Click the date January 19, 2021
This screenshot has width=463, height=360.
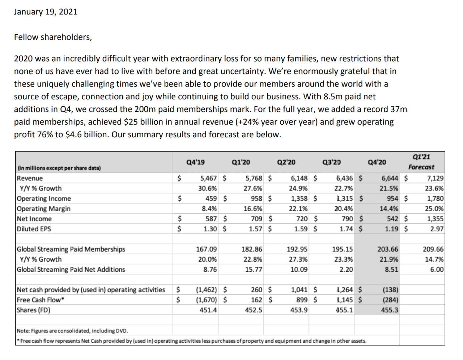click(46, 12)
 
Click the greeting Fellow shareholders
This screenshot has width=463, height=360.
click(53, 37)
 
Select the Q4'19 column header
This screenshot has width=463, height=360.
click(195, 162)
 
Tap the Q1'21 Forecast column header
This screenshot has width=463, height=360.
click(421, 162)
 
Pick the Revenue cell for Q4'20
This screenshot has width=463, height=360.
click(390, 178)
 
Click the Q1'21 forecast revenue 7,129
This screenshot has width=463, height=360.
click(435, 178)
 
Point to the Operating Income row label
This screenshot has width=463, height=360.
click(44, 198)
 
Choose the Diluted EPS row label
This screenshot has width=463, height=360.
click(34, 229)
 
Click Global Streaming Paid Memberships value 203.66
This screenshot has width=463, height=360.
click(388, 249)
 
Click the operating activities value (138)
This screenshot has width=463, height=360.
click(390, 290)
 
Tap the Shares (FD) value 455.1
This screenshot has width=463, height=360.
click(344, 310)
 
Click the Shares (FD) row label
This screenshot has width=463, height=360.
click(34, 310)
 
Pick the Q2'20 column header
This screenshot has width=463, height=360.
click(286, 162)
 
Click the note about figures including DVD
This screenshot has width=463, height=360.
click(72, 331)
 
